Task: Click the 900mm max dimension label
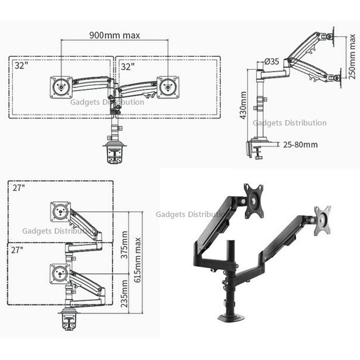115,36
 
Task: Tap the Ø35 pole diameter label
272,62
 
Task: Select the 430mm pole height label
243,105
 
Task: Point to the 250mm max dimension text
352,57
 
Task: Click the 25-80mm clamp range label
300,144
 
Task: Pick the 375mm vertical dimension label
124,245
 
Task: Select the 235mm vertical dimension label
124,294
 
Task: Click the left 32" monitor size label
21,65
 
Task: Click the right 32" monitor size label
128,66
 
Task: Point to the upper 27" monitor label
19,188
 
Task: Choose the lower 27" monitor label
17,250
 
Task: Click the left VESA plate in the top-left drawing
61,87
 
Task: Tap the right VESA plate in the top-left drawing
168,87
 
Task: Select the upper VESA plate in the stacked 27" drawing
60,212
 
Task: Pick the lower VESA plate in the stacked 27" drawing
60,274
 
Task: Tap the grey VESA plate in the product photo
322,220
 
